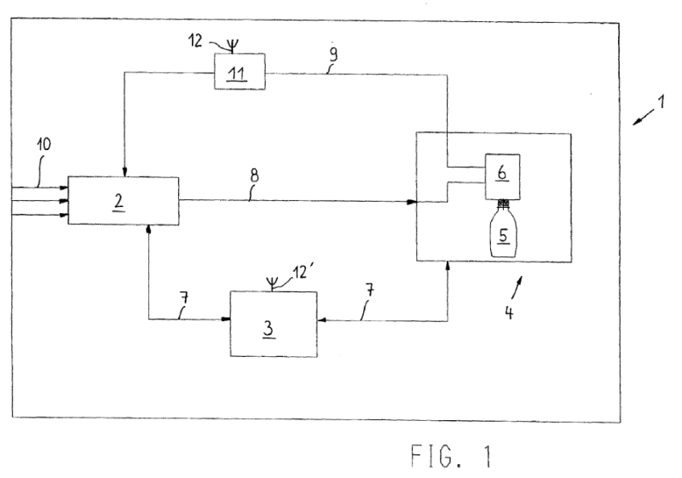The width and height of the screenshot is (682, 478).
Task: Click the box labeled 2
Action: pos(123,200)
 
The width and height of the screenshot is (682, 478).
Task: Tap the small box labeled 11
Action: pos(238,70)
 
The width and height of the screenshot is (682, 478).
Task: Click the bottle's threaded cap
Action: pos(503,204)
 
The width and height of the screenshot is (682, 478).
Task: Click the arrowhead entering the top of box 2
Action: pos(124,173)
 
